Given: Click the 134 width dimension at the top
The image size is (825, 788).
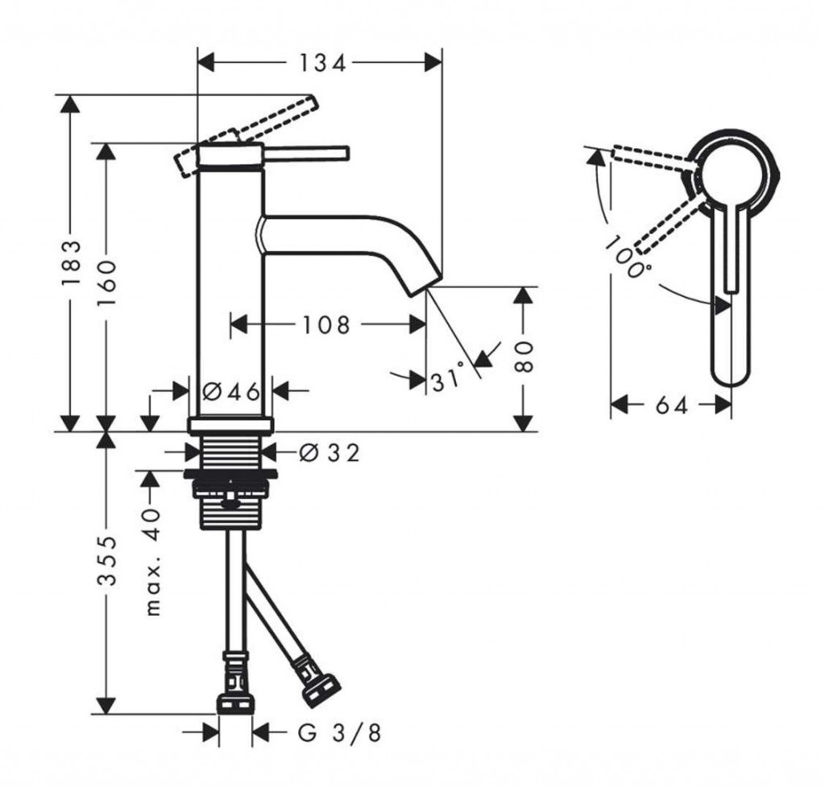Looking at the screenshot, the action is (323, 64).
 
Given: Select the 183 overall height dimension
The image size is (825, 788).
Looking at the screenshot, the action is (71, 263).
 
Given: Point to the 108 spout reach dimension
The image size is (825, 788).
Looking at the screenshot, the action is (326, 325).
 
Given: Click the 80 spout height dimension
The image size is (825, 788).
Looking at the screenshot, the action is (523, 357).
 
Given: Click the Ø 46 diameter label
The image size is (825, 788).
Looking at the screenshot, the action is (231, 391).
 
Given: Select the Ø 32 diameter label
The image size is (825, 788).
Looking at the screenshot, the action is (330, 452).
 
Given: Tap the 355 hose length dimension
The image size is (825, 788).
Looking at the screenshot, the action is (106, 561).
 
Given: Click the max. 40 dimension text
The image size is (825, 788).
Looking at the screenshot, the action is (151, 562).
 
